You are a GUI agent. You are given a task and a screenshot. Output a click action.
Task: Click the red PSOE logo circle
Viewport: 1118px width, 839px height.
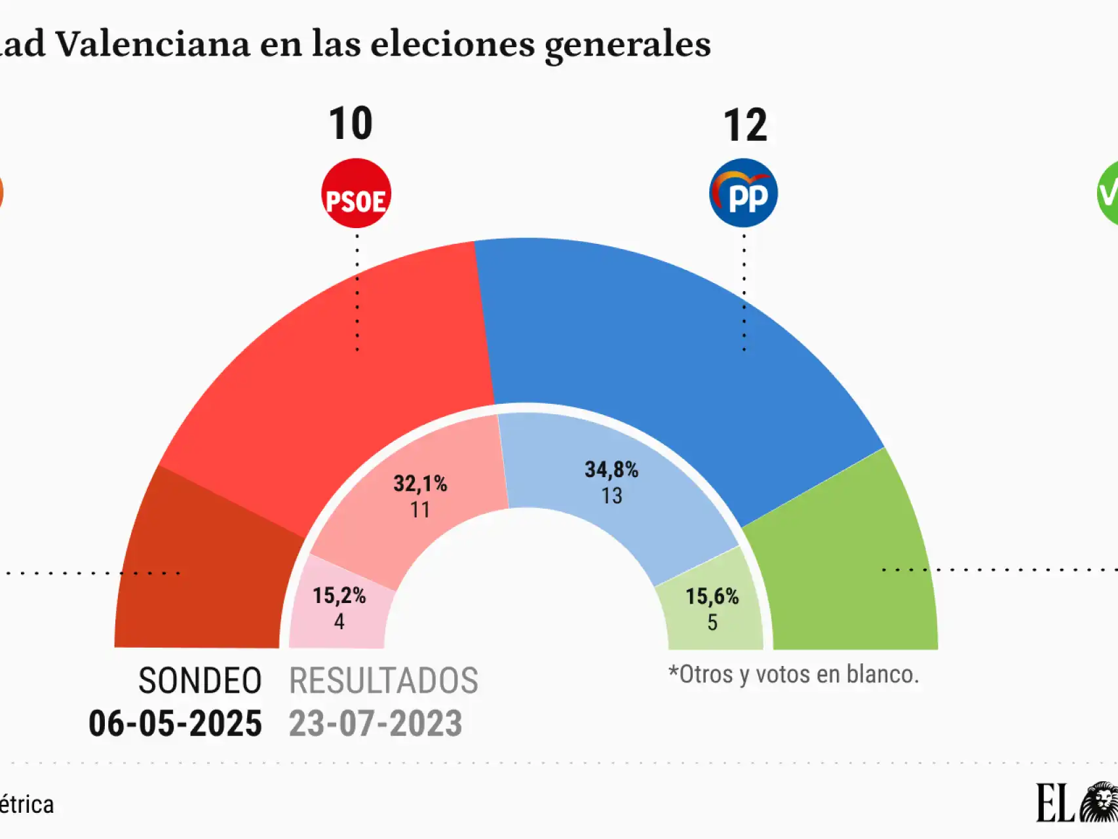(356, 193)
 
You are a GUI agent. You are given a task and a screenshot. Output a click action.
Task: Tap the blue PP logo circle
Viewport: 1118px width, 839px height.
(743, 193)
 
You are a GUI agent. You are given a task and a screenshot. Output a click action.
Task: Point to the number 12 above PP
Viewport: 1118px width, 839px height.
(745, 125)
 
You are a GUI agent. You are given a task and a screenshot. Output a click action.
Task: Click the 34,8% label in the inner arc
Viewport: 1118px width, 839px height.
(611, 469)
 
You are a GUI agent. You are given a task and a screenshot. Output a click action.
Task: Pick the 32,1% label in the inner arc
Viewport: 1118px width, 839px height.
(420, 484)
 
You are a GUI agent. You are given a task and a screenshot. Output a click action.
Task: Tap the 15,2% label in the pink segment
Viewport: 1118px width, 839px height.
(339, 595)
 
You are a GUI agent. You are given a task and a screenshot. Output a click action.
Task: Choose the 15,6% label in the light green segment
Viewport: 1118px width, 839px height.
(712, 596)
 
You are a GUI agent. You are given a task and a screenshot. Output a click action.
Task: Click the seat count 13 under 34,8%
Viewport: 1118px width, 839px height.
(611, 496)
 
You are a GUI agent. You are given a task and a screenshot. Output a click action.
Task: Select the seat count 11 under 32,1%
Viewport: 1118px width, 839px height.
(420, 509)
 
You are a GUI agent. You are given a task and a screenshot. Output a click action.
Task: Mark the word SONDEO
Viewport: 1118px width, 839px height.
(200, 680)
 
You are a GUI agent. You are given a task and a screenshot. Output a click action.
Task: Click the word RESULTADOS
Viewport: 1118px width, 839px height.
(383, 680)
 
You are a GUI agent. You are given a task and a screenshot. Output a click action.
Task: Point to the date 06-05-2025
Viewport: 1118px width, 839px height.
(175, 723)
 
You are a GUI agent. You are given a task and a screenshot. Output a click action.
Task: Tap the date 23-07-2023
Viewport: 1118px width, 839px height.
(376, 723)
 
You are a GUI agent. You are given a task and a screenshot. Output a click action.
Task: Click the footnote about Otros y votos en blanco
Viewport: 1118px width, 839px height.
(793, 674)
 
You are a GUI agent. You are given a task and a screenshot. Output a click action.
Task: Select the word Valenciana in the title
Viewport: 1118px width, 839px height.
(152, 45)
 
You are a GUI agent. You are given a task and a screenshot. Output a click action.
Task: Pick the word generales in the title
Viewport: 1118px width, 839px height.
(627, 45)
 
